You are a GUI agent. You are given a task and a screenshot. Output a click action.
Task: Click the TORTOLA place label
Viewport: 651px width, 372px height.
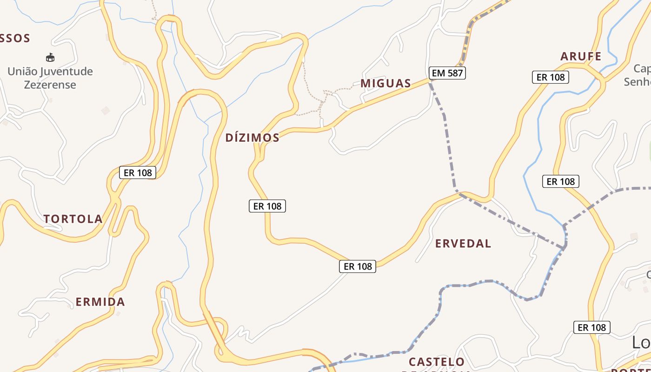click(x=73, y=219)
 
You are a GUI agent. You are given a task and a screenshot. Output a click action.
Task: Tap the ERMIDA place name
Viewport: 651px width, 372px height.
click(x=100, y=302)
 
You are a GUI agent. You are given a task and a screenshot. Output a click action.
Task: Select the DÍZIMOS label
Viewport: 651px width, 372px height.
click(x=252, y=138)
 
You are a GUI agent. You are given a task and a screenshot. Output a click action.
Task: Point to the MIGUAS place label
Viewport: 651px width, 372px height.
click(x=386, y=84)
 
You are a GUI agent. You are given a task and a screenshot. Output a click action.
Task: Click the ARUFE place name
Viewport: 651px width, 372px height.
click(x=581, y=57)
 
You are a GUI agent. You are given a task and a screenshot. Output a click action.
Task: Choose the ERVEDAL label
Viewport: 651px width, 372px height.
click(x=463, y=244)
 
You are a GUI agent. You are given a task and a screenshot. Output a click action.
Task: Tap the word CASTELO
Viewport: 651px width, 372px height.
click(x=437, y=362)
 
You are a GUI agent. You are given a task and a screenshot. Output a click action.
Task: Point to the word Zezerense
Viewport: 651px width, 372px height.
click(x=50, y=85)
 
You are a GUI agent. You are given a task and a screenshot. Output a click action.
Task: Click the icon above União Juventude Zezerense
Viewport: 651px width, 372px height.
click(x=50, y=58)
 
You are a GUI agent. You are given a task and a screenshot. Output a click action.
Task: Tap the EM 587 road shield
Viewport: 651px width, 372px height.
click(x=447, y=73)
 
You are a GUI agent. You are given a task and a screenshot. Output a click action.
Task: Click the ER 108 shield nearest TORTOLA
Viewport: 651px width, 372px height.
click(x=137, y=173)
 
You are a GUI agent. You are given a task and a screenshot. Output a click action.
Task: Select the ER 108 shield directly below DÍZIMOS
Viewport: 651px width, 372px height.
click(x=267, y=206)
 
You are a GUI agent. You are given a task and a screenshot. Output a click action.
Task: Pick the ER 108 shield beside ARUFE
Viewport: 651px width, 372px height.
click(x=551, y=78)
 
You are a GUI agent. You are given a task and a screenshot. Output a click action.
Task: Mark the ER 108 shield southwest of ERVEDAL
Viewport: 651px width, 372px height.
click(x=357, y=266)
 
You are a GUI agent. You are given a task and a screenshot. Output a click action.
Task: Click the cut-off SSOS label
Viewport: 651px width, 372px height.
click(x=15, y=39)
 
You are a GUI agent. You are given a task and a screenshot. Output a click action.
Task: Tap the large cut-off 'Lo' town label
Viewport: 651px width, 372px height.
click(x=641, y=343)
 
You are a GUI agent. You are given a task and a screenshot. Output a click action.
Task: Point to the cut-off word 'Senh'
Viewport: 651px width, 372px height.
click(x=637, y=82)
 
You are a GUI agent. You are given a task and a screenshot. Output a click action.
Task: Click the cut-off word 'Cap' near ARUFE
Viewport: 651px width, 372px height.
click(x=642, y=69)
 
